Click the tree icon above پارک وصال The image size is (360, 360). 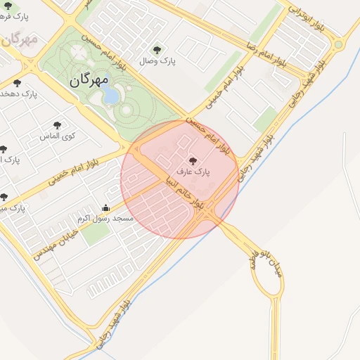[x=157, y=50]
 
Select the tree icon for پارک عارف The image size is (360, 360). [x=193, y=161]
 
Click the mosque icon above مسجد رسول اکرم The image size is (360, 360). [x=106, y=207]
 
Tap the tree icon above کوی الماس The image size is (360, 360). [x=57, y=125]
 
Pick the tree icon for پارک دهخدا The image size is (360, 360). [x=18, y=82]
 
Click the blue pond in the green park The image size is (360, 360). [x=111, y=95]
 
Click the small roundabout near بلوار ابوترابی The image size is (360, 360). [x=340, y=45]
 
